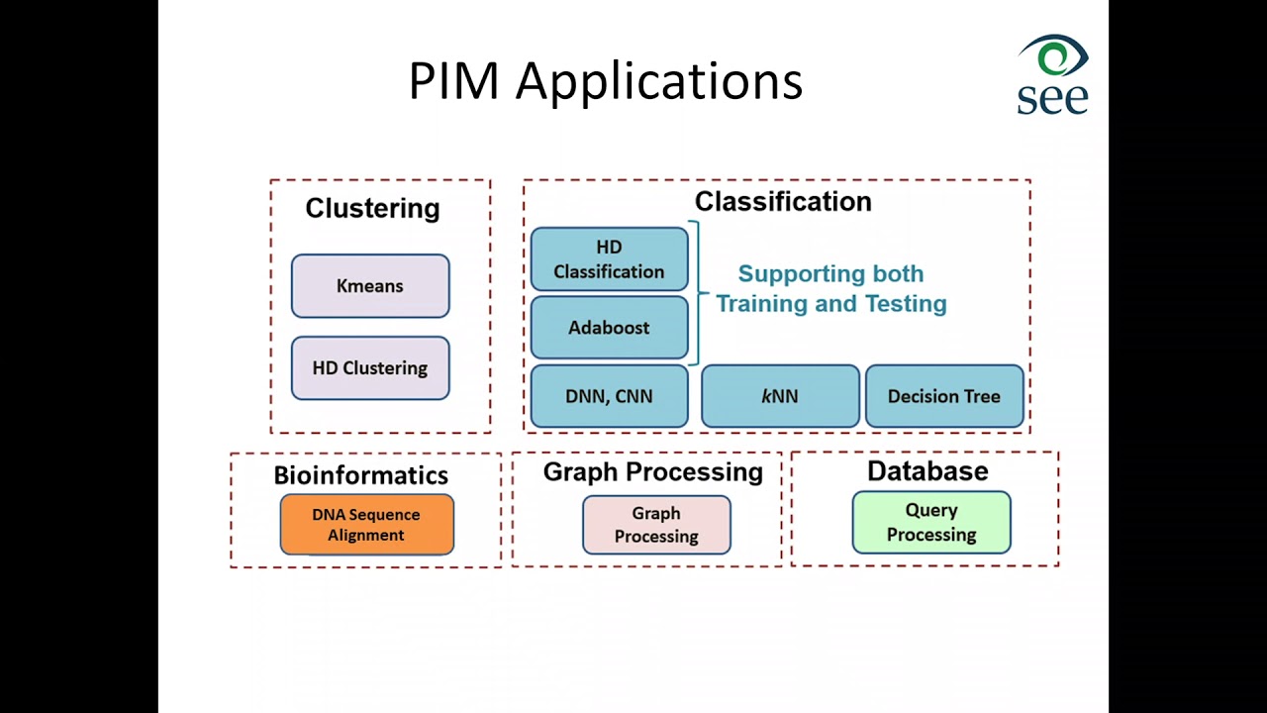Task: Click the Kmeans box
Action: pyautogui.click(x=370, y=286)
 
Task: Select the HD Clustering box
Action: pyautogui.click(x=370, y=368)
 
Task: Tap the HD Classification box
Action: pyautogui.click(x=609, y=259)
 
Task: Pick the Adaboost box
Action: pyautogui.click(x=609, y=328)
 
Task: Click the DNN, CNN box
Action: pyautogui.click(x=609, y=396)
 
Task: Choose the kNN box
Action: pyautogui.click(x=781, y=396)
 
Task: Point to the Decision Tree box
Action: pyautogui.click(x=944, y=396)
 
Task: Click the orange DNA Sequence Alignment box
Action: pyautogui.click(x=367, y=525)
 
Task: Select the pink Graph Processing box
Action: pyautogui.click(x=656, y=525)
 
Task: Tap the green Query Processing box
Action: pyautogui.click(x=931, y=522)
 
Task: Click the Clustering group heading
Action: pyautogui.click(x=373, y=208)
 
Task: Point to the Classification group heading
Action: pyautogui.click(x=783, y=201)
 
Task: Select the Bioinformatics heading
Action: pyautogui.click(x=361, y=475)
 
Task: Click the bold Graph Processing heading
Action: pyautogui.click(x=653, y=472)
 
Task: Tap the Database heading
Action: pyautogui.click(x=928, y=470)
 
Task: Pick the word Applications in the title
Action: pyautogui.click(x=659, y=82)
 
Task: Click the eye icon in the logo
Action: pyautogui.click(x=1054, y=55)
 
